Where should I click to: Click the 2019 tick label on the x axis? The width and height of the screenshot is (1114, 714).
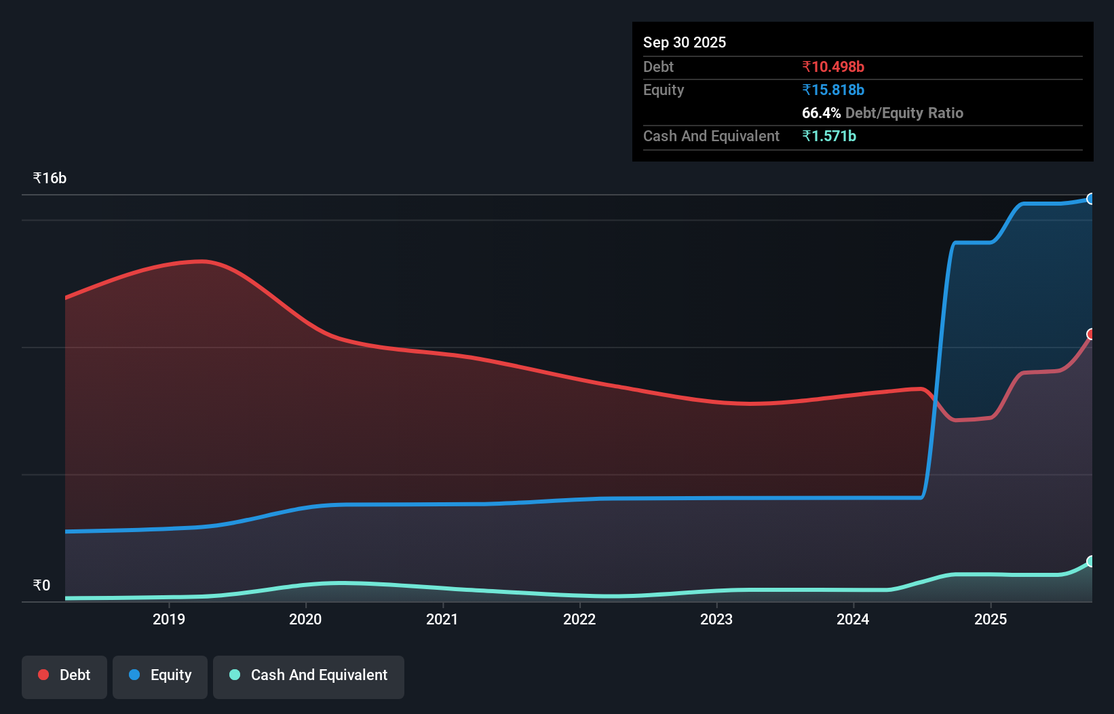[168, 619]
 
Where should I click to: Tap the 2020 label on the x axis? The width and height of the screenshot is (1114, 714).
[305, 619]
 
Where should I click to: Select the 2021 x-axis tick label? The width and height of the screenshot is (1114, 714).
[442, 619]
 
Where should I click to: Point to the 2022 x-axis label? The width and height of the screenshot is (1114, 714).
[579, 619]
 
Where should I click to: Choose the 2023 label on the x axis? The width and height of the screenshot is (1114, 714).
[716, 619]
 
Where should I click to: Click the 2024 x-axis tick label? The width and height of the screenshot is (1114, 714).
[853, 619]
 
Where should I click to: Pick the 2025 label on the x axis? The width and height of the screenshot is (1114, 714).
[991, 619]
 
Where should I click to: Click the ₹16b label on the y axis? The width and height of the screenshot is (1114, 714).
[50, 178]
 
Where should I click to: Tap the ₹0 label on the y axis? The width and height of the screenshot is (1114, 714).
[41, 585]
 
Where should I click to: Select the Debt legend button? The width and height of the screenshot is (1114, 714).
[64, 675]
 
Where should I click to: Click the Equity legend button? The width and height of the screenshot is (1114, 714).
[160, 675]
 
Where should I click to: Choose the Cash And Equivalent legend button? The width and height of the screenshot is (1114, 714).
[309, 675]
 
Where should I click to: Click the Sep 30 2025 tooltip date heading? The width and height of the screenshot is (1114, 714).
[685, 42]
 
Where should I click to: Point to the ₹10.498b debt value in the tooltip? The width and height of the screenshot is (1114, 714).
[833, 67]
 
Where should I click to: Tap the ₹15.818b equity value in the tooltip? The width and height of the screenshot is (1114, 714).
[833, 90]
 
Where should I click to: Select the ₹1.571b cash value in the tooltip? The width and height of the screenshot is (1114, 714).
[829, 136]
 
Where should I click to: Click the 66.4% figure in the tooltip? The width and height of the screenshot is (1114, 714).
[821, 113]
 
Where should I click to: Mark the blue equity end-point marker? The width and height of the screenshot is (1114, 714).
[1091, 199]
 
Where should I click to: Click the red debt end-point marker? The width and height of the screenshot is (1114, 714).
[1091, 334]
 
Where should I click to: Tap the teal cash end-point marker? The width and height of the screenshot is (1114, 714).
[1091, 561]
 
